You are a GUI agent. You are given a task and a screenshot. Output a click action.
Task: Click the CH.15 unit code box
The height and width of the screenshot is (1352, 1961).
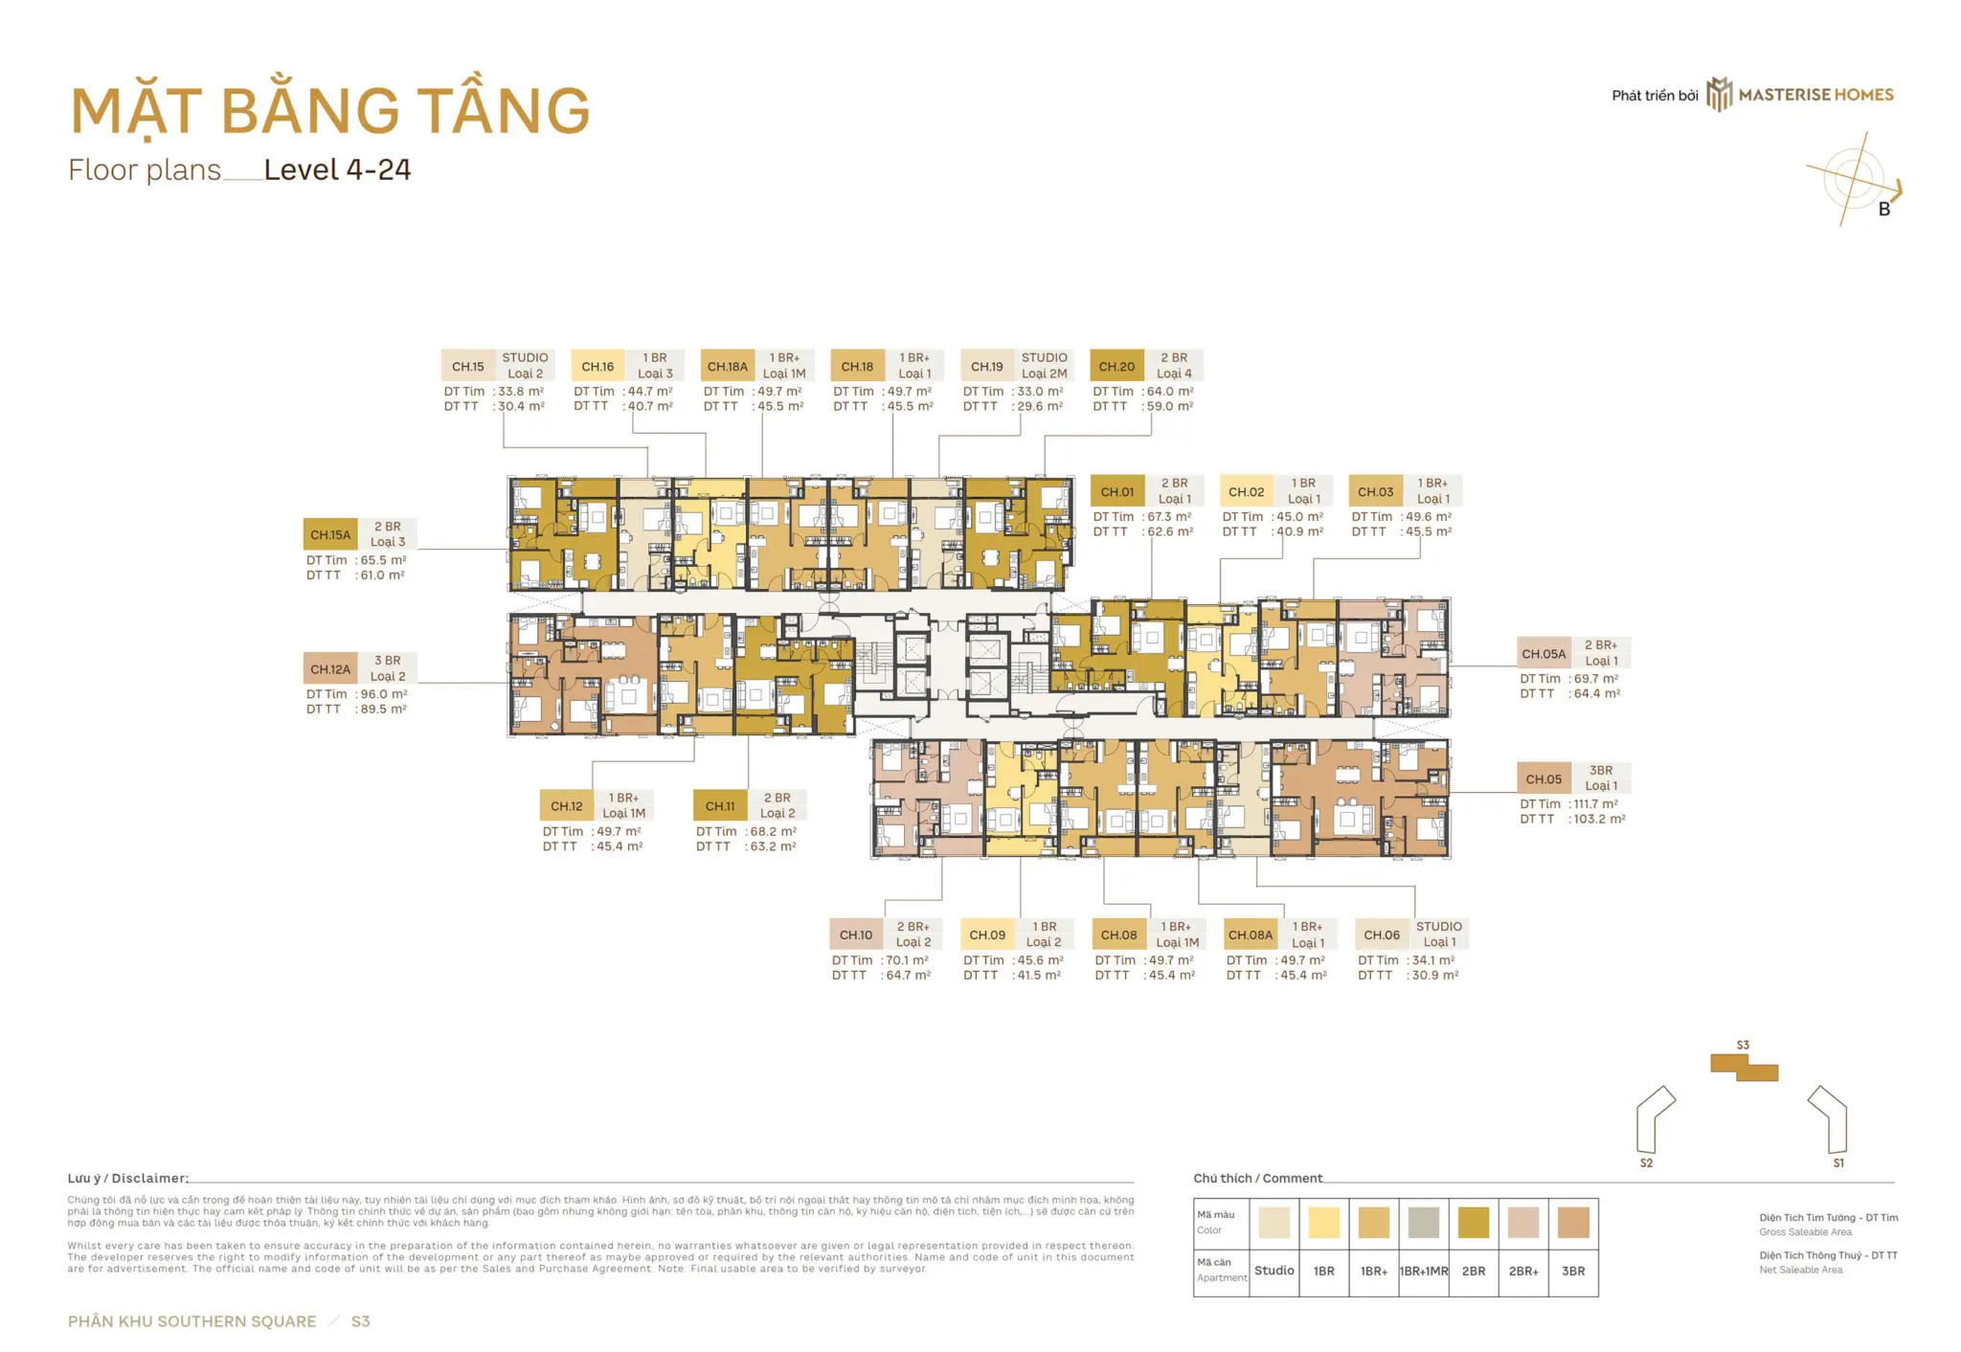(468, 366)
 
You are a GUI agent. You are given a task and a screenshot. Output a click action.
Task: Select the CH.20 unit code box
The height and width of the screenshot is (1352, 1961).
(1116, 366)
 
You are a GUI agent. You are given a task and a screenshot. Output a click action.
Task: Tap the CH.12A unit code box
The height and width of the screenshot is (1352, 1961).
(330, 668)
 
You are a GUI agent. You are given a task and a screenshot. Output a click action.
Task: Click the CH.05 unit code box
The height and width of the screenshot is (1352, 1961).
(1544, 778)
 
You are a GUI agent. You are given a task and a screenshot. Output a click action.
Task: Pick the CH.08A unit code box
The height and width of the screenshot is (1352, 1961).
(1251, 935)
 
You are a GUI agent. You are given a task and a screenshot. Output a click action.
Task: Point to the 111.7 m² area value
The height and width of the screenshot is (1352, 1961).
(1595, 804)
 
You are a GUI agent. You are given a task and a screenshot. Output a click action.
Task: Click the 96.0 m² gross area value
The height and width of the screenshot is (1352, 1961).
(383, 694)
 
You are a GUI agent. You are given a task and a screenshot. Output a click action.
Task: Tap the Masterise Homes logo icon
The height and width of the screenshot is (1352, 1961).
(1720, 95)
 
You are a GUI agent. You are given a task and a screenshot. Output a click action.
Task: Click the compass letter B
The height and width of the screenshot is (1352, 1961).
(1883, 209)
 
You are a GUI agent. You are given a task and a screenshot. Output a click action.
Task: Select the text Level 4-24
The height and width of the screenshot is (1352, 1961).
(337, 170)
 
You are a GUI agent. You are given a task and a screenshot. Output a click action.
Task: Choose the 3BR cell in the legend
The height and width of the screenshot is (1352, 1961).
(1573, 1271)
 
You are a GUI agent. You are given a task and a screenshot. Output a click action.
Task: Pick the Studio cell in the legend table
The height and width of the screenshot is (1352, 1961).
(1274, 1271)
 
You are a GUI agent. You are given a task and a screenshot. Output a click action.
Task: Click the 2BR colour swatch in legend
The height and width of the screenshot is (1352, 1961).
(1473, 1223)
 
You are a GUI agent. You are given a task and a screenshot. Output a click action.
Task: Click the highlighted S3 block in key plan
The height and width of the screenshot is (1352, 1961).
(1745, 1068)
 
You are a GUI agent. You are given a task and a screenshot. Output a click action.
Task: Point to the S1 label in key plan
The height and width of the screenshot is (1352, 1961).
(1838, 1162)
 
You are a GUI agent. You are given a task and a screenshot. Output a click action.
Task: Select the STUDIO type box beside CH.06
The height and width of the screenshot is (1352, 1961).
(1438, 934)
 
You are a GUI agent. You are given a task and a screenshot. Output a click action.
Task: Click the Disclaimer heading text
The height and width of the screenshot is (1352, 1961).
(127, 1178)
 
